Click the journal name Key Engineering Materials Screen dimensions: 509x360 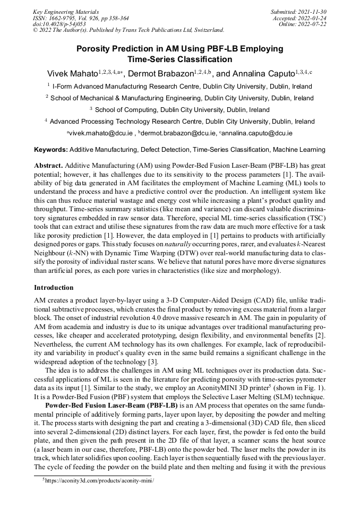point(66,11)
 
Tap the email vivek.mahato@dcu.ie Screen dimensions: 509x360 point(101,133)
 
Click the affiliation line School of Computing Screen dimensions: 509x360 point(180,110)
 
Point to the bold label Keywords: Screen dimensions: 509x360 point(51,150)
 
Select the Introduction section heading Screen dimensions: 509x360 point(54,288)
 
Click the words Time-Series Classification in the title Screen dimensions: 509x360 point(179,59)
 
